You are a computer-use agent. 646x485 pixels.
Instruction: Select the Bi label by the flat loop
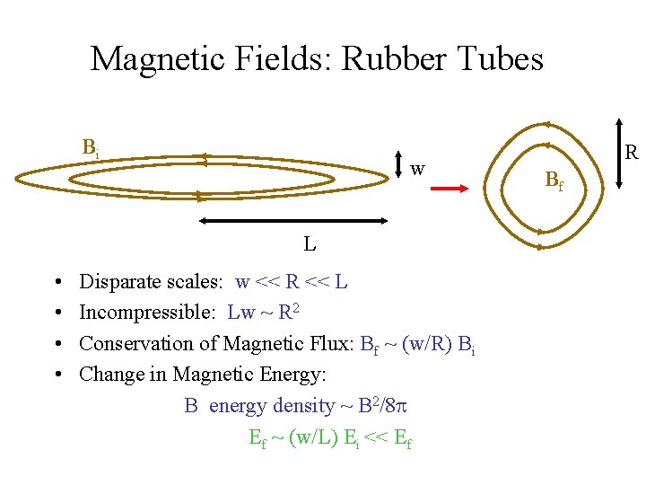point(91,147)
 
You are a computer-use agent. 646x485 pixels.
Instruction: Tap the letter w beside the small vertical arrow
point(417,168)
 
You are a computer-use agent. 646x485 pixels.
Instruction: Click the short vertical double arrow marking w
point(396,168)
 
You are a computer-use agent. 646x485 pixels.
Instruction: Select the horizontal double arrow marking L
point(293,220)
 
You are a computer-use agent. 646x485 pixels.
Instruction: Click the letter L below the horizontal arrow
point(309,243)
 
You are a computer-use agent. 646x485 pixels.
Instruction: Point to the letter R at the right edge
point(631,153)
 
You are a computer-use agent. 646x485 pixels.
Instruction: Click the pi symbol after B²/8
point(403,407)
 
